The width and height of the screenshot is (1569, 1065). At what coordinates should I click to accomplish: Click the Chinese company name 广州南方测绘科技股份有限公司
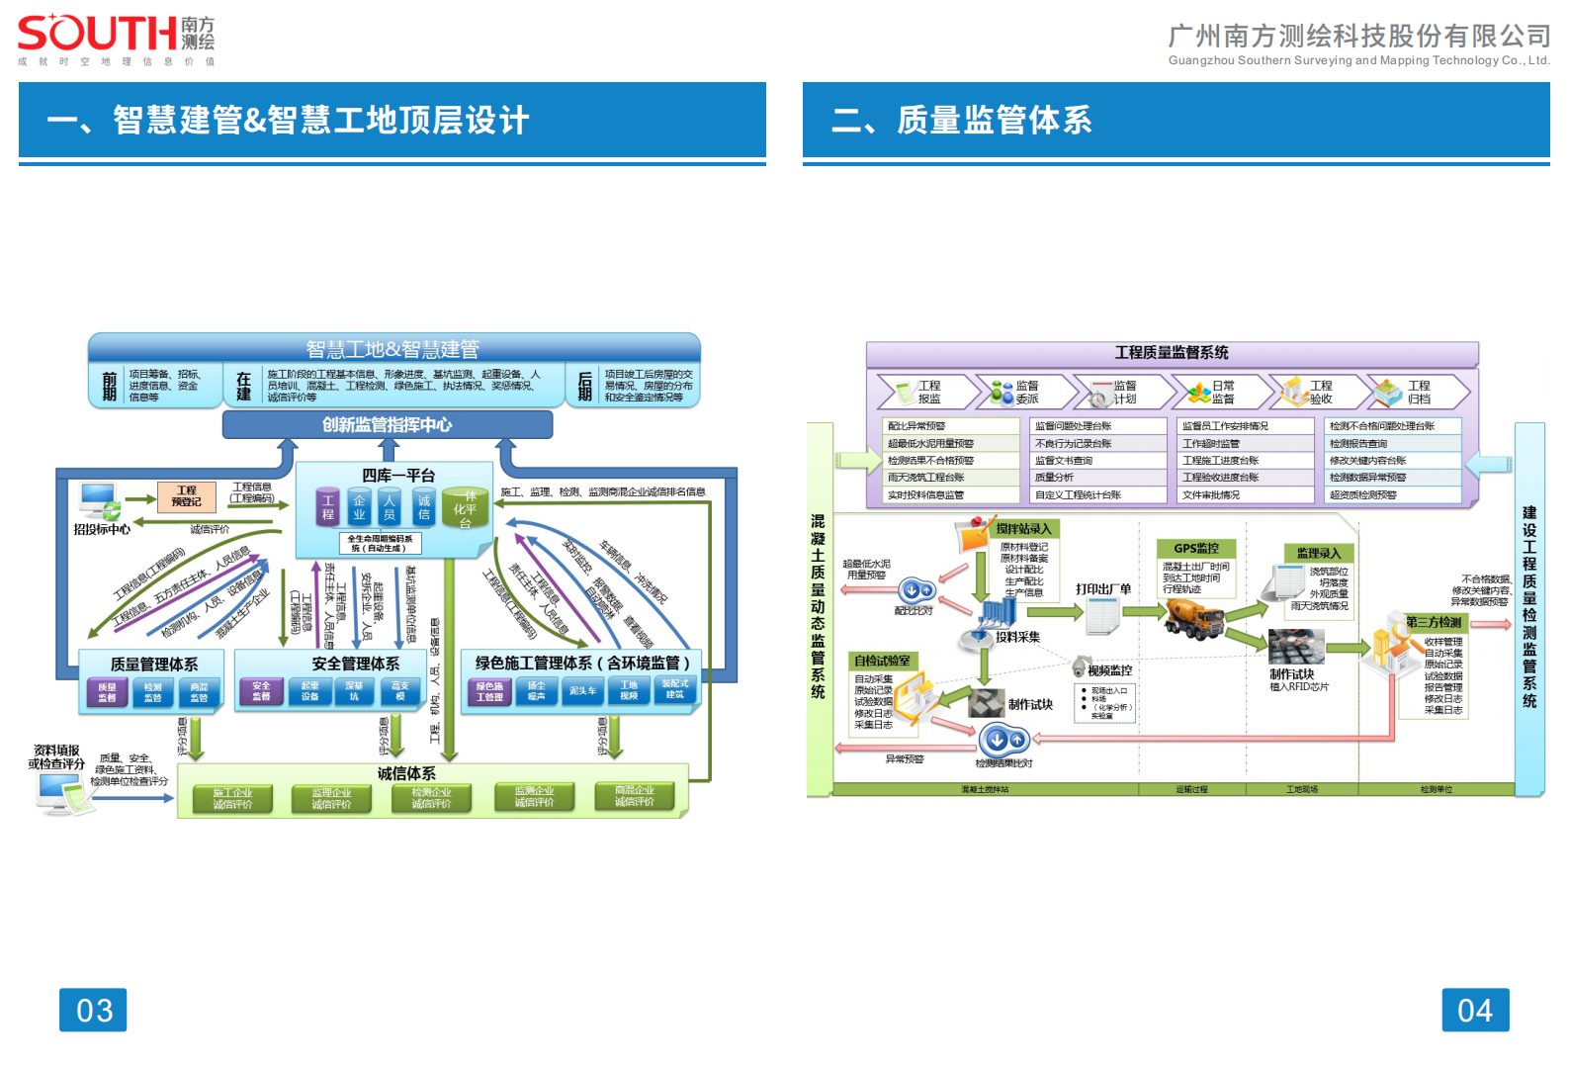pyautogui.click(x=1358, y=37)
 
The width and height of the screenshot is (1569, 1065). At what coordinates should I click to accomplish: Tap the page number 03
pyautogui.click(x=93, y=1010)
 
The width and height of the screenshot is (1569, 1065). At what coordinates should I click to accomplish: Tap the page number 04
pyautogui.click(x=1474, y=1010)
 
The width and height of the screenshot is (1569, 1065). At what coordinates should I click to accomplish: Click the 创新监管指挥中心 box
pyautogui.click(x=387, y=424)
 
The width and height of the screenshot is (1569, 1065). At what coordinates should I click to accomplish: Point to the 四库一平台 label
pyautogui.click(x=397, y=476)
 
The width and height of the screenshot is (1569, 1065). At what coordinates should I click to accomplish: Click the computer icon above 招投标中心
pyautogui.click(x=100, y=500)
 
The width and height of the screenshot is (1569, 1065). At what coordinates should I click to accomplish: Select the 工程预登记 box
pyautogui.click(x=186, y=496)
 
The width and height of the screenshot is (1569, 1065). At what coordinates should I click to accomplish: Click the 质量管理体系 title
pyautogui.click(x=153, y=665)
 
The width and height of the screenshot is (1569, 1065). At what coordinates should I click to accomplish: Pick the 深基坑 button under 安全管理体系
pyautogui.click(x=354, y=691)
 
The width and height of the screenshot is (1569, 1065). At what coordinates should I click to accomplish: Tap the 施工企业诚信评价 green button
pyautogui.click(x=232, y=799)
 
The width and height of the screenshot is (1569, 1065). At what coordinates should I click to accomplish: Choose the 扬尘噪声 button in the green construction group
pyautogui.click(x=536, y=691)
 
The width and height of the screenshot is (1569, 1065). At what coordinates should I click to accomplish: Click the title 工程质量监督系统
pyautogui.click(x=1172, y=353)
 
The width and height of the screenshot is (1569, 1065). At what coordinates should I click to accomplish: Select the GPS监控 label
pyautogui.click(x=1195, y=548)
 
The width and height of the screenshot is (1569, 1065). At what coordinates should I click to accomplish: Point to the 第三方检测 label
pyautogui.click(x=1434, y=622)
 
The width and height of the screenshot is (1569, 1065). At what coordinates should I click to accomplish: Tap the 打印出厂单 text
pyautogui.click(x=1103, y=589)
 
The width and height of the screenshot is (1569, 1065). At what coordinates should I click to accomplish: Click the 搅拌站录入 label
pyautogui.click(x=1023, y=529)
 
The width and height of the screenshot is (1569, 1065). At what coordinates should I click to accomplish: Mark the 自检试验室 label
pyautogui.click(x=882, y=661)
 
